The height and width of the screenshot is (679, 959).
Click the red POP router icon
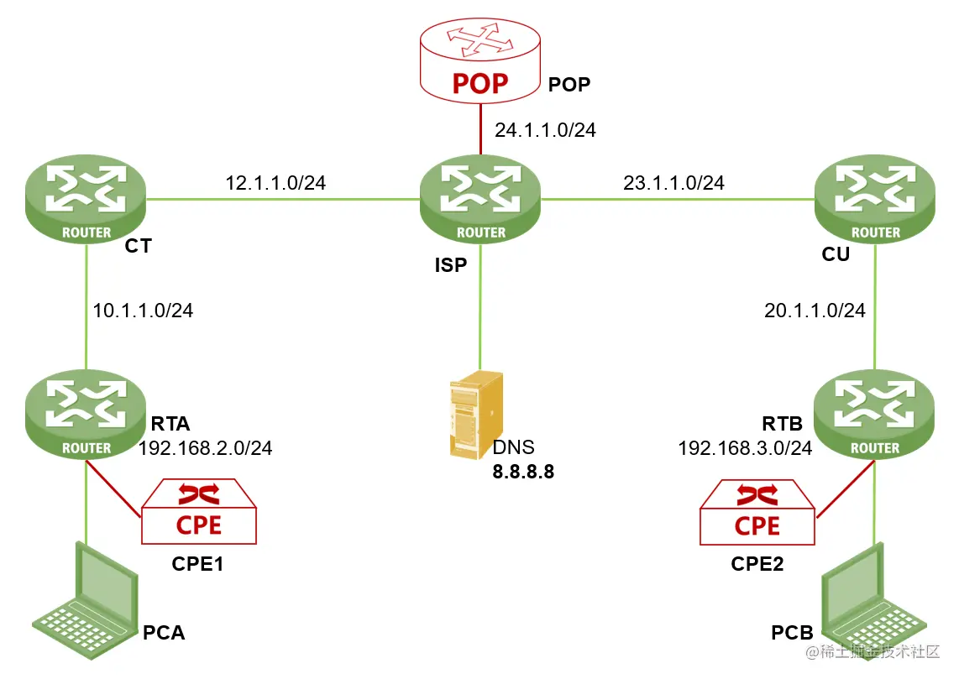(x=480, y=60)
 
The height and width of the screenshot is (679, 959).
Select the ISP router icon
(x=480, y=199)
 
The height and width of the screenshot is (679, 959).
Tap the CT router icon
(x=86, y=199)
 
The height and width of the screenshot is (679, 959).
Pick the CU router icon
(x=874, y=199)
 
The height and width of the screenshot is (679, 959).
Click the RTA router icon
(x=86, y=415)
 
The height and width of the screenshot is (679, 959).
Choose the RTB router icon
(x=874, y=415)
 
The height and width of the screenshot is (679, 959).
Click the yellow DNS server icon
(x=476, y=415)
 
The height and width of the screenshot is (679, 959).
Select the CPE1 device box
(x=199, y=511)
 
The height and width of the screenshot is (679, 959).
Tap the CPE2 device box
(x=757, y=512)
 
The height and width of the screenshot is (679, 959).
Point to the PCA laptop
(x=85, y=601)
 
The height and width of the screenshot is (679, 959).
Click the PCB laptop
(x=873, y=602)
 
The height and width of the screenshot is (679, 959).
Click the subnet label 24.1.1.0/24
(x=545, y=130)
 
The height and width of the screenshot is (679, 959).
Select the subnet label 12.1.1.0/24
(x=275, y=183)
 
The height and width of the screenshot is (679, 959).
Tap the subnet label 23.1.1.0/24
(x=673, y=183)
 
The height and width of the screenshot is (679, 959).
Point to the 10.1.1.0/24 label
(x=143, y=311)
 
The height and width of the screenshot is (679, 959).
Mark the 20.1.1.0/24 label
(x=815, y=311)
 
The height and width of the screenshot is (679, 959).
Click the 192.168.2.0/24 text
(x=205, y=448)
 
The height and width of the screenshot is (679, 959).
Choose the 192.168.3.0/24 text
(x=745, y=448)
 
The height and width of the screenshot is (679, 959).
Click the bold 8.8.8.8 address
(x=523, y=472)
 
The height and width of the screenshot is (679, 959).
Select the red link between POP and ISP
(x=480, y=129)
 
